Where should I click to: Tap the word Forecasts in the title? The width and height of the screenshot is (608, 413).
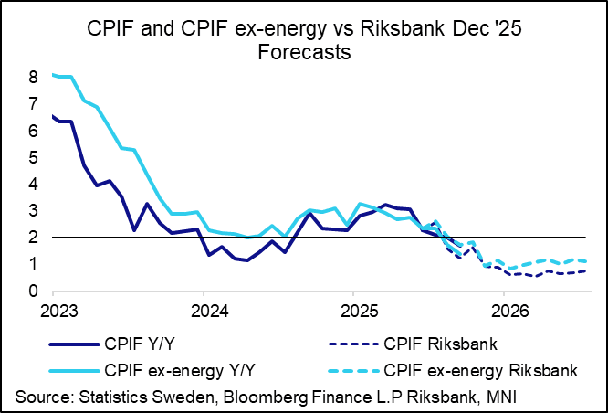304,51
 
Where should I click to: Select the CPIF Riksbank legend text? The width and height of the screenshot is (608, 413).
441,344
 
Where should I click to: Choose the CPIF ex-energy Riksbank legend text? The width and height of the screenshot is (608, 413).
481,371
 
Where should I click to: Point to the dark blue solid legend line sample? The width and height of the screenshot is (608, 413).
74,344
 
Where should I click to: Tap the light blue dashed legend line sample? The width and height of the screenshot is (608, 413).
353,371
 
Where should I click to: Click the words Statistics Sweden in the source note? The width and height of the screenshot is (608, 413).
142,397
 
